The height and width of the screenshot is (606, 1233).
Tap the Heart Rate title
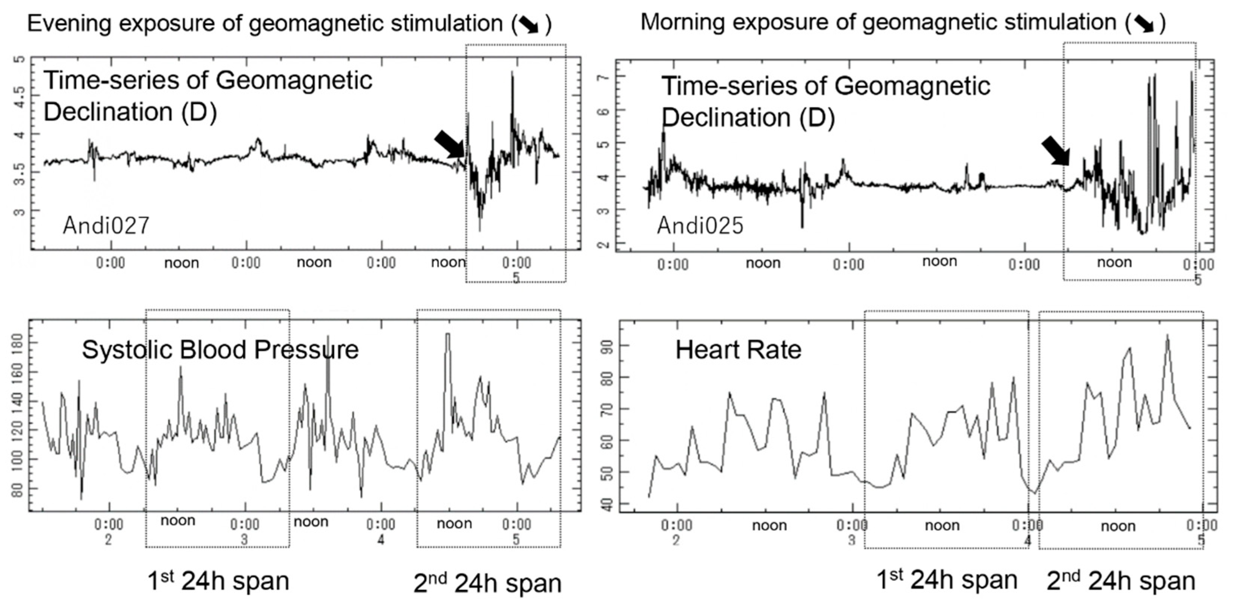(x=738, y=350)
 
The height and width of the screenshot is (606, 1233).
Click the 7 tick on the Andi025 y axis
(x=606, y=78)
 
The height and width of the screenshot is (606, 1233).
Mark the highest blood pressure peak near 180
(x=447, y=335)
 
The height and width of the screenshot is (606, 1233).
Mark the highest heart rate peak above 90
(x=1167, y=336)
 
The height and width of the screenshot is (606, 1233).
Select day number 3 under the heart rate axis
(x=851, y=540)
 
